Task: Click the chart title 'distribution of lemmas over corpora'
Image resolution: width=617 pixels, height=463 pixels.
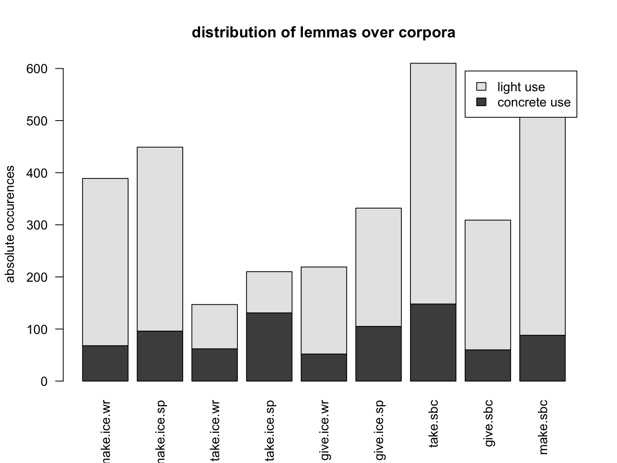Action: tap(323, 33)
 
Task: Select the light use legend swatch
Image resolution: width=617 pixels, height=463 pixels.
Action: tap(481, 87)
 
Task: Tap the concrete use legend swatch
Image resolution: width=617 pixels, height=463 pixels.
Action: tap(481, 102)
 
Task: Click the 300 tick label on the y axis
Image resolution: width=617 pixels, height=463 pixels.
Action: tap(37, 225)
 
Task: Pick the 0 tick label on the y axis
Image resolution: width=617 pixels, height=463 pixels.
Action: tap(44, 381)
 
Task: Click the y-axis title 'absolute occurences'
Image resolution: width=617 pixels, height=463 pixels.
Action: tap(10, 224)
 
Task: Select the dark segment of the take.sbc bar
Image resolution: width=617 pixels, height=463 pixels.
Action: tap(433, 342)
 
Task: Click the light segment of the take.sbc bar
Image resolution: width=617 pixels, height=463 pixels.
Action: tap(433, 183)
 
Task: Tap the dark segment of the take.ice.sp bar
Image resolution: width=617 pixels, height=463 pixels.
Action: tap(269, 347)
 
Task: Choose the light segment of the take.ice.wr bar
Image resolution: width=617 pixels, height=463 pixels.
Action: tap(215, 326)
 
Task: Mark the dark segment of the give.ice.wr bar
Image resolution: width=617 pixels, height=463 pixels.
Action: tap(324, 367)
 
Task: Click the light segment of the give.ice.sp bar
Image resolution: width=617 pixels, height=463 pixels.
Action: tap(378, 267)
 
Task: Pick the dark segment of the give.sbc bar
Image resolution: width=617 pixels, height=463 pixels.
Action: tap(488, 365)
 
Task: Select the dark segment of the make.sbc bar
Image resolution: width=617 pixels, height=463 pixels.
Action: tap(542, 358)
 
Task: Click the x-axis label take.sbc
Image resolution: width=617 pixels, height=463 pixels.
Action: tap(433, 423)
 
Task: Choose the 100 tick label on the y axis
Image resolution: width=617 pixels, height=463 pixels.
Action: tap(37, 330)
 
